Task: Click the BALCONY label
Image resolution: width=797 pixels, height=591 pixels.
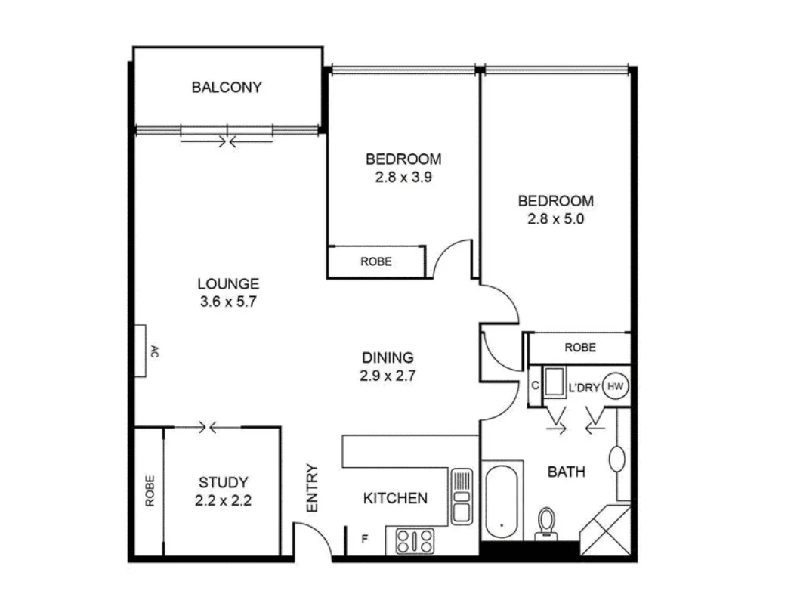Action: click(226, 87)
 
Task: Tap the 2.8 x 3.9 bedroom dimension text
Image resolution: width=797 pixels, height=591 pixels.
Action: click(403, 178)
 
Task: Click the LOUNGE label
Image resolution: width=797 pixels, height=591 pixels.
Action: click(228, 284)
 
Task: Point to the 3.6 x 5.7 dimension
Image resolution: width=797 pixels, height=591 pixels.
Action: click(228, 302)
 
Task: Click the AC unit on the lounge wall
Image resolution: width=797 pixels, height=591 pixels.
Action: click(141, 351)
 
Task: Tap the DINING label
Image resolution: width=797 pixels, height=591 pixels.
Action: click(387, 357)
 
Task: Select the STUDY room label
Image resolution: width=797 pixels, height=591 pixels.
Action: click(223, 482)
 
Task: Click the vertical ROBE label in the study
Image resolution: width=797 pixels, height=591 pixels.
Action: click(149, 490)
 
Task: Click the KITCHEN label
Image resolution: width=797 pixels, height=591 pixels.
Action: click(395, 498)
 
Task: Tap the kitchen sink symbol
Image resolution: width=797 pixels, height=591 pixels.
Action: click(461, 496)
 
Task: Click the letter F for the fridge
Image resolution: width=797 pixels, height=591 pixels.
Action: click(365, 539)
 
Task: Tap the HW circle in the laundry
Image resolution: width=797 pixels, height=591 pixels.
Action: click(616, 387)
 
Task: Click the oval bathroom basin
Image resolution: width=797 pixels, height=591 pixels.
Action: click(617, 458)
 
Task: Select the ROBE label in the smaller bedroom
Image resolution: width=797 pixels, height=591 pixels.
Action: click(375, 261)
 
